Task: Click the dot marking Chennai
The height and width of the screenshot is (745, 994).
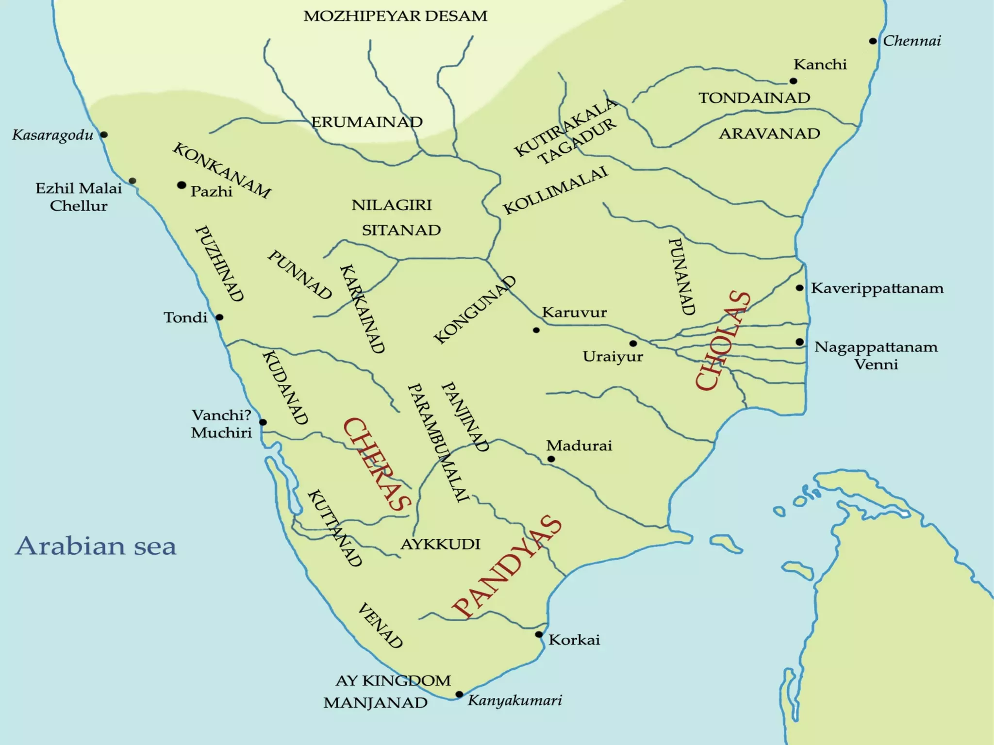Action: pyautogui.click(x=873, y=41)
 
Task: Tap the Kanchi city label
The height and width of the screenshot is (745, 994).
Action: pyautogui.click(x=820, y=65)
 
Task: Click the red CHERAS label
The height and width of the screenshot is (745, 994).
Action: pyautogui.click(x=376, y=464)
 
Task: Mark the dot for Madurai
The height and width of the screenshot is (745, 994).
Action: pyautogui.click(x=551, y=459)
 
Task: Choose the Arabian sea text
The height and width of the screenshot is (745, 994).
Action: pyautogui.click(x=96, y=546)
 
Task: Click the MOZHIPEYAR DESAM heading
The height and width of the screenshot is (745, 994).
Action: pyautogui.click(x=395, y=16)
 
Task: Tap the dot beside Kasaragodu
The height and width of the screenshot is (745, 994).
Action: pyautogui.click(x=104, y=134)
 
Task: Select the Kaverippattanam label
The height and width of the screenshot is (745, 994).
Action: pyautogui.click(x=877, y=288)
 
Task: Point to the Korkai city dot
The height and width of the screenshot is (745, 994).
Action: pyautogui.click(x=539, y=634)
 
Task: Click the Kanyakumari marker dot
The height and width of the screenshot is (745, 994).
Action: pyautogui.click(x=459, y=695)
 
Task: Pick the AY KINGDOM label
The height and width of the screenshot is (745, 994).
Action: pyautogui.click(x=393, y=680)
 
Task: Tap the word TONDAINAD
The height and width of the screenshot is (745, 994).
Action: pyautogui.click(x=754, y=98)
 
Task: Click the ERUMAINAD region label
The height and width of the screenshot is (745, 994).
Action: pyautogui.click(x=367, y=122)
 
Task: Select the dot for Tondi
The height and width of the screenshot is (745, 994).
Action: pyautogui.click(x=219, y=317)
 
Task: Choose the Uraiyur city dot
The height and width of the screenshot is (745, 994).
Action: pyautogui.click(x=633, y=343)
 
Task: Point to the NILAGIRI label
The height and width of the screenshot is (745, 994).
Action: pyautogui.click(x=391, y=205)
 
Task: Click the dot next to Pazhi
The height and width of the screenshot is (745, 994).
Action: pyautogui.click(x=182, y=185)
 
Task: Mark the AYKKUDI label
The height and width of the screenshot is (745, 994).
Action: pyautogui.click(x=440, y=544)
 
